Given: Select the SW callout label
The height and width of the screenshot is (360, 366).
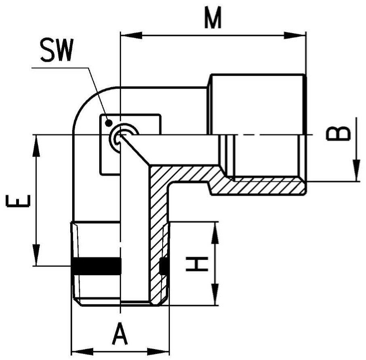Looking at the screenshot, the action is (x=57, y=50).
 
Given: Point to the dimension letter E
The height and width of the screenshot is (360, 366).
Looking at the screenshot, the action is (x=18, y=201).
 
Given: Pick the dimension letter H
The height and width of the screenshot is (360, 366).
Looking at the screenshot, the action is (x=197, y=264).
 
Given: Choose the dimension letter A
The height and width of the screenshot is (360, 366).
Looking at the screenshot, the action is (x=120, y=334).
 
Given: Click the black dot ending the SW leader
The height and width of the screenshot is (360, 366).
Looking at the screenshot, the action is (x=109, y=123).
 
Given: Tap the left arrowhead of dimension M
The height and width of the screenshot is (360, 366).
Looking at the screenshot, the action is (x=131, y=36).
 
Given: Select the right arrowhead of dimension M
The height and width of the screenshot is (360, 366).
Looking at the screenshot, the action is (x=295, y=36).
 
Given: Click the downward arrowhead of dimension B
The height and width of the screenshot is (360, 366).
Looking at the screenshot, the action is (x=356, y=170).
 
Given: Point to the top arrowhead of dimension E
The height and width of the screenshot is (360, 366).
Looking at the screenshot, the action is (x=36, y=146).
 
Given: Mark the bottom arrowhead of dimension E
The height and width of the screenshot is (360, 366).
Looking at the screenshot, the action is (x=36, y=255).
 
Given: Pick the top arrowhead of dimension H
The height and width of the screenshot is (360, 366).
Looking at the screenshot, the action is (x=215, y=233).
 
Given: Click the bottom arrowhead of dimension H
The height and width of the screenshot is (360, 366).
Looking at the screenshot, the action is (x=215, y=294).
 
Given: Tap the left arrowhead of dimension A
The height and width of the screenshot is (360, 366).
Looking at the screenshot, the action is (x=82, y=352).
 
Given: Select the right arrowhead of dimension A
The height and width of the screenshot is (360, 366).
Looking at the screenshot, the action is (x=158, y=352).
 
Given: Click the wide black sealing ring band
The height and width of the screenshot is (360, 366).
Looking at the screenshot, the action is (x=96, y=266).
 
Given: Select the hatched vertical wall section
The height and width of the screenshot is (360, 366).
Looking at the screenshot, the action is (x=158, y=233).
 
